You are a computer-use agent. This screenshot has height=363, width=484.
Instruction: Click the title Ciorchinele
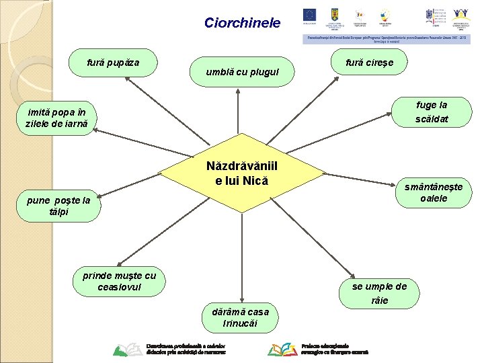242,23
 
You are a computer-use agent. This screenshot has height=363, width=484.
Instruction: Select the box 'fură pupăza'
113,63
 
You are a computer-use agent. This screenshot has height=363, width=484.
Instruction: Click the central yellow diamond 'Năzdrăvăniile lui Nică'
241,173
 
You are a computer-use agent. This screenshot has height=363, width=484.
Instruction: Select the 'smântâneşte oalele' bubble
434,192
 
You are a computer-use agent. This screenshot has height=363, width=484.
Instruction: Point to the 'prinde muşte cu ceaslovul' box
119,281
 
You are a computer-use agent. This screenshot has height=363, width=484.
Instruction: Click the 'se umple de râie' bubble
380,293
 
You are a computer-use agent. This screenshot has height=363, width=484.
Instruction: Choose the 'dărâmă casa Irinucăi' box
240,317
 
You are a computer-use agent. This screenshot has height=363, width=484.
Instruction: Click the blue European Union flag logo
310,15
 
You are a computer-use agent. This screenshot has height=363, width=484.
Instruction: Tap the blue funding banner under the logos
387,39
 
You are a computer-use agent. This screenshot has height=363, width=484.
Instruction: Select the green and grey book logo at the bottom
127,349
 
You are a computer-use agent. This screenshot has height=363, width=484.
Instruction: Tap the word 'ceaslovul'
119,287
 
